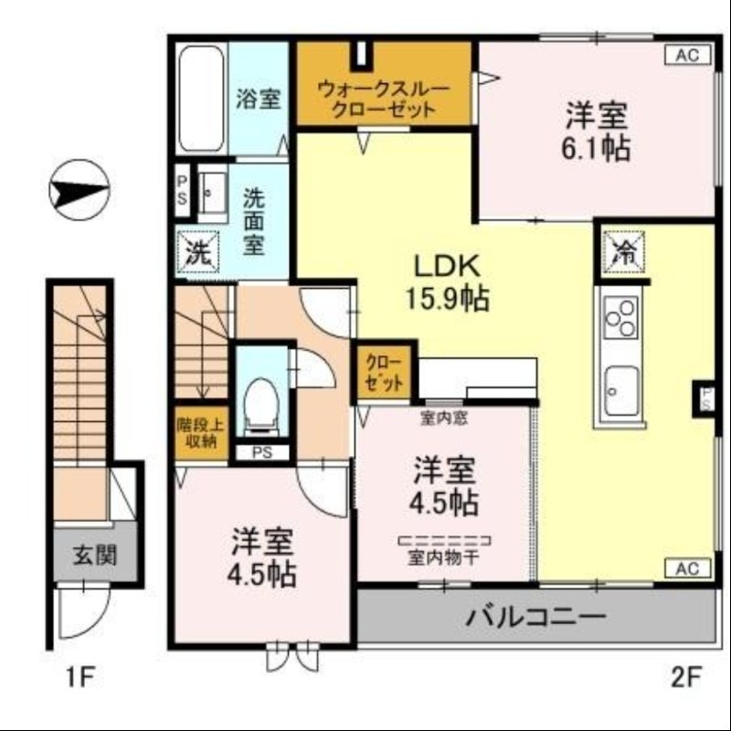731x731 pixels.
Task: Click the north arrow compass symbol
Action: [77, 192]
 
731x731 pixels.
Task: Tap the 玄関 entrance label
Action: [95, 554]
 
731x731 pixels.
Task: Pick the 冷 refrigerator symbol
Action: [625, 252]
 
